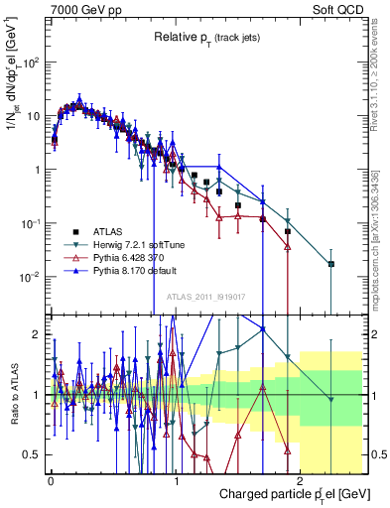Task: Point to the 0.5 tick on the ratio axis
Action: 35,454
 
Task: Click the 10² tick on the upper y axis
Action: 33,62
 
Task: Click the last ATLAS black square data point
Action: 331,264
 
